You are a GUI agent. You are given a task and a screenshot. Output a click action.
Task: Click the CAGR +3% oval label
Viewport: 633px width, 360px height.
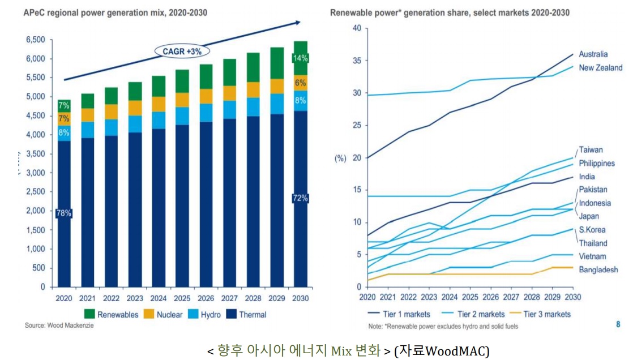182,51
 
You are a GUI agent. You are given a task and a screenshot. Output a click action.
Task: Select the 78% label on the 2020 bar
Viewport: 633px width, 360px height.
63,213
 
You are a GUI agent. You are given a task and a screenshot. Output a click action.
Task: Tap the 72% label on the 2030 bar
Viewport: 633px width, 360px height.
300,198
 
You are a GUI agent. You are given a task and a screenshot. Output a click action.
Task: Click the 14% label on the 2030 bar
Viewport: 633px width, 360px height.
300,58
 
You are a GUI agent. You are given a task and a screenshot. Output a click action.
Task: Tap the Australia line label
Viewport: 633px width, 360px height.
593,54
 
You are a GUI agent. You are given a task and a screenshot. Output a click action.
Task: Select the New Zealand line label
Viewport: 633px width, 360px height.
600,68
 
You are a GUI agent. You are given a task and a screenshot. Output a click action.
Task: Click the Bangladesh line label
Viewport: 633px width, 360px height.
598,270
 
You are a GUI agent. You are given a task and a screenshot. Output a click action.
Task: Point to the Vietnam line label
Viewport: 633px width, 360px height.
592,256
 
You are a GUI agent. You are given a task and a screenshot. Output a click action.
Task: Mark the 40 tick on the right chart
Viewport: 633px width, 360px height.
356,28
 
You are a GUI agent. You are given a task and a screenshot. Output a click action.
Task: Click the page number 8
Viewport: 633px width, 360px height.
618,324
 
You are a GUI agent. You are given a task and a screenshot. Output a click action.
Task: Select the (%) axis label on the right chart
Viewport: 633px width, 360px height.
340,158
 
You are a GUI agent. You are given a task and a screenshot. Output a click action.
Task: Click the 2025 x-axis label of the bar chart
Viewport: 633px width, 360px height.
182,297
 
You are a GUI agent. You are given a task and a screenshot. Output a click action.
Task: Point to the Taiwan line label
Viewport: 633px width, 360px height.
591,150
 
